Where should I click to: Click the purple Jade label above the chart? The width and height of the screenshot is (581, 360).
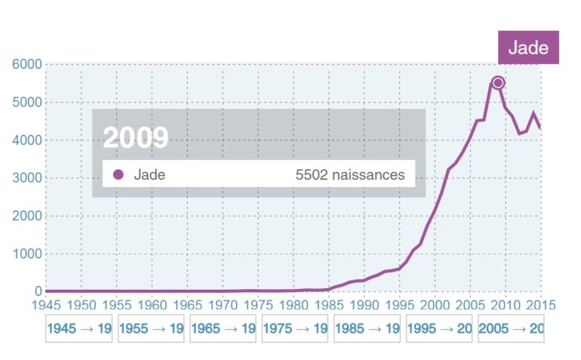click(x=528, y=48)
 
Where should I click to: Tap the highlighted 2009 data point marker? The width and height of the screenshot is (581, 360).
click(x=498, y=82)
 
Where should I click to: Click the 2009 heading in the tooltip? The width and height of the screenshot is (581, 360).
click(x=136, y=137)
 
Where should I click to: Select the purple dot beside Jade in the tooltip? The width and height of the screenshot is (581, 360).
click(x=118, y=175)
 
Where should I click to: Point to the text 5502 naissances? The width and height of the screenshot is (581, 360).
click(x=350, y=175)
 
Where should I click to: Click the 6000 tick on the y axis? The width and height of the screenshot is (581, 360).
click(x=26, y=65)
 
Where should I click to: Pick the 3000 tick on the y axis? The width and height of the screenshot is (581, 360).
click(x=26, y=178)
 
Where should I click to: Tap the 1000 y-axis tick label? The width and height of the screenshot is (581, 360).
click(x=26, y=254)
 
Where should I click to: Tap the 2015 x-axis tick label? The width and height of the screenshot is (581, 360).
click(x=540, y=305)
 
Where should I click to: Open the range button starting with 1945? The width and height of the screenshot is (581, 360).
click(x=78, y=329)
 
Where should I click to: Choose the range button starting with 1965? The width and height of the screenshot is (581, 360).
click(x=223, y=329)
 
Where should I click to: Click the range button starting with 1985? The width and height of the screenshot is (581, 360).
click(x=367, y=329)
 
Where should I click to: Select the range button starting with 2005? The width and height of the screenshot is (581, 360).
click(x=511, y=329)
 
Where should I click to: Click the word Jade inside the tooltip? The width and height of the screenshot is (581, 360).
click(x=149, y=175)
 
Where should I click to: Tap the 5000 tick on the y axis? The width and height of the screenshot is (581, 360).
click(x=26, y=103)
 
